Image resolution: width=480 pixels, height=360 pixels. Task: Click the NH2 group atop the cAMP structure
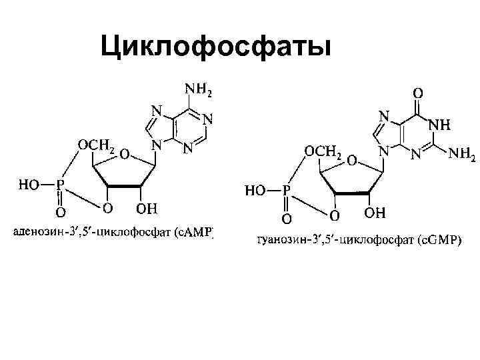[x=198, y=88]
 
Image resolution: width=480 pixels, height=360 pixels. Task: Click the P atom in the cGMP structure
[x=287, y=191]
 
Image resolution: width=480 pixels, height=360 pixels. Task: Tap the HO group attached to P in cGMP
[x=257, y=191]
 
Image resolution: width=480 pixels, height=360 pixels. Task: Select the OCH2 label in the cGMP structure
[x=323, y=152]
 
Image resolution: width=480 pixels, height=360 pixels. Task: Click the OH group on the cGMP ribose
[x=375, y=215]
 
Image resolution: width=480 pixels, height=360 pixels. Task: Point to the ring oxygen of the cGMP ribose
[x=350, y=161]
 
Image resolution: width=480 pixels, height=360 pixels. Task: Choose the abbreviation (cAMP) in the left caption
[x=198, y=233]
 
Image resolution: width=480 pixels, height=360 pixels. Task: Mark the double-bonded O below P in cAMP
[x=61, y=213]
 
